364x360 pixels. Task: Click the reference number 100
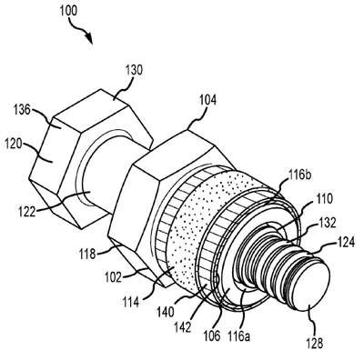pos(68,11)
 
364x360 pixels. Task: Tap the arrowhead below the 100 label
pos(89,38)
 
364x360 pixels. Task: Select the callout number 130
pos(134,70)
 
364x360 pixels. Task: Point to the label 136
pos(22,110)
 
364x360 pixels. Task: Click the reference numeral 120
pos(14,145)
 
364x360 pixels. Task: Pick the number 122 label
pos(26,212)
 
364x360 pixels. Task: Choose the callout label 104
pos(207,100)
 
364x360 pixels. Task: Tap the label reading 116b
pos(298,175)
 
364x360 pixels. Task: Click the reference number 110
pos(325,199)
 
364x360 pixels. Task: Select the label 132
pos(328,223)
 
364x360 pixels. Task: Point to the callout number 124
pos(346,242)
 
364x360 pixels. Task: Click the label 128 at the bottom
pos(315,344)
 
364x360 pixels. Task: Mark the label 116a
pos(239,335)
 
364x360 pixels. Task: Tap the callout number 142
pos(183,327)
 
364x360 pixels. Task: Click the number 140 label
pos(166,311)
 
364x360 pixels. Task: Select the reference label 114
pos(131,302)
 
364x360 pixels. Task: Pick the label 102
pos(113,277)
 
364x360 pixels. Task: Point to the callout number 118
pos(88,254)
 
